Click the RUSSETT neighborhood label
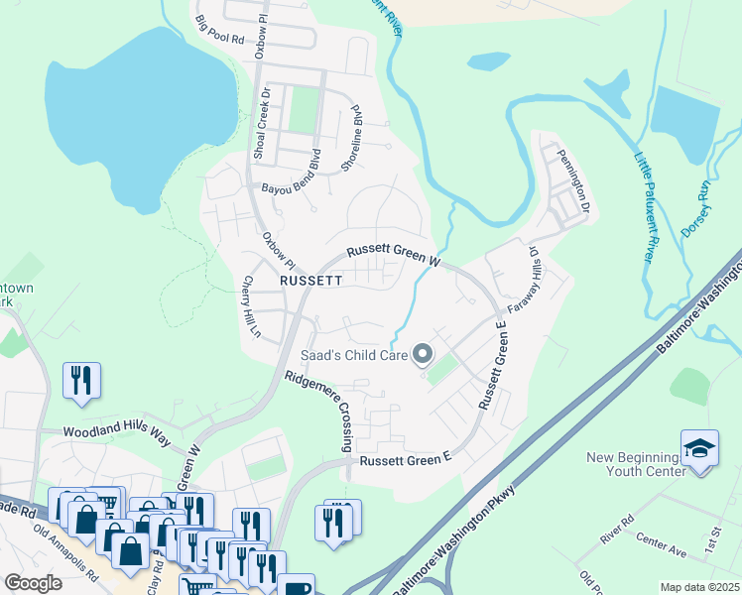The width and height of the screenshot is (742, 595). [x=310, y=281]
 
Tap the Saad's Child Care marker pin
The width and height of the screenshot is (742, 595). [x=423, y=354]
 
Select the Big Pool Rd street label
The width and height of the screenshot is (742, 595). [x=219, y=30]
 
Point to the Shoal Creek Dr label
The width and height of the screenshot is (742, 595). [x=261, y=124]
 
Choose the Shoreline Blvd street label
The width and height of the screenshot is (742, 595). [x=351, y=140]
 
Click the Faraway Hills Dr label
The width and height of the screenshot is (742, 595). [x=524, y=280]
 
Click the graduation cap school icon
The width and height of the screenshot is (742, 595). [x=699, y=448]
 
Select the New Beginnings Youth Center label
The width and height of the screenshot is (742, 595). [x=636, y=463]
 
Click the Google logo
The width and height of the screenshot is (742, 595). [x=33, y=582]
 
